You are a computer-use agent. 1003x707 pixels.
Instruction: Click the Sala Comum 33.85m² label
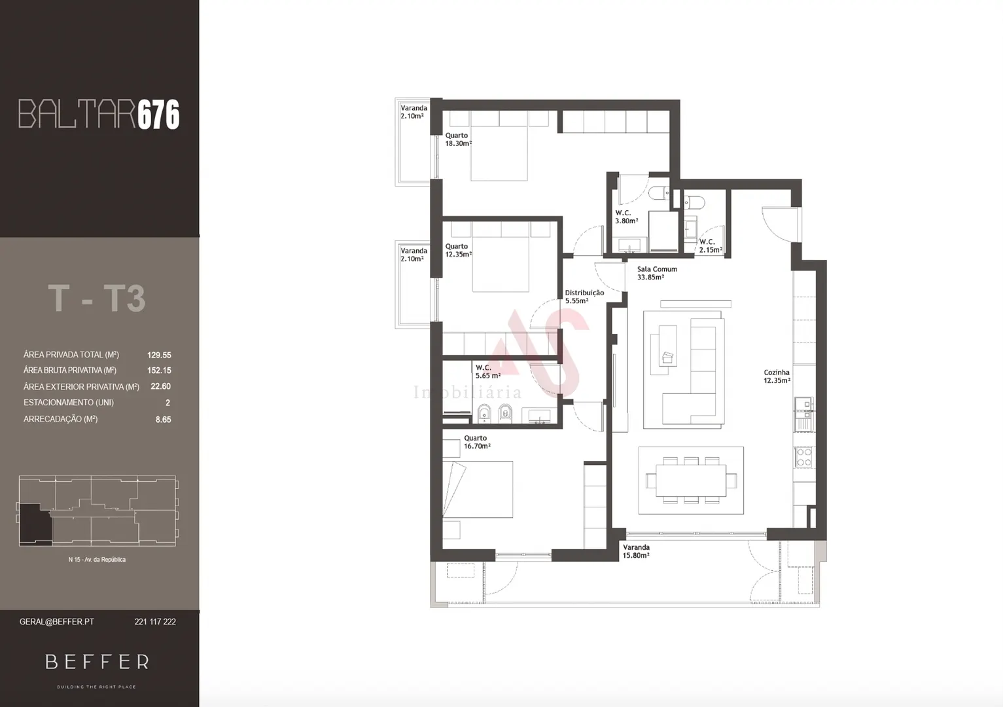[x=657, y=273]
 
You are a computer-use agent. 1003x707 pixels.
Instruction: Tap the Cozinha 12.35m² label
[x=777, y=376]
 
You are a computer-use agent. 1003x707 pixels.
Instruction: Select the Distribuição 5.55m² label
[x=584, y=297]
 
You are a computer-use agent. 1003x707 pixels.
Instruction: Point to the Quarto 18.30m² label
[x=458, y=139]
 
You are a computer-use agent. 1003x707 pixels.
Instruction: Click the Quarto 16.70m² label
[x=477, y=442]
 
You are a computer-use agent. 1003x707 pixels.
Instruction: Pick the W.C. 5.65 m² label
[x=487, y=372]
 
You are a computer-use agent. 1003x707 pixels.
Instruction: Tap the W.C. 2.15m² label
[x=711, y=245]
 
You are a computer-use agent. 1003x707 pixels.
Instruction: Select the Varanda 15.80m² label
[x=636, y=551]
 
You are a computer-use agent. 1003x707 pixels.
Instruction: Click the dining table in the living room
[x=691, y=480]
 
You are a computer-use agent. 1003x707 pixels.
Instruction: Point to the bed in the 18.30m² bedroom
[x=499, y=153]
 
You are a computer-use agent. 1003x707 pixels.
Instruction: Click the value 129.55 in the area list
[x=159, y=355]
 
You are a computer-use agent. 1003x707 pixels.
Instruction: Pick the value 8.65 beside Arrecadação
[x=163, y=420]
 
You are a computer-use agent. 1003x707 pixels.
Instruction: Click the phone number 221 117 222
[x=155, y=622]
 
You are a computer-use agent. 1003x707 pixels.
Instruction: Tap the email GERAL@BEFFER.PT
[x=57, y=622]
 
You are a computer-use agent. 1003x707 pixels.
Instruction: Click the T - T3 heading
[x=97, y=299]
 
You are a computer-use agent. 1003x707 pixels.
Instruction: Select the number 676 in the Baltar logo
[x=158, y=115]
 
